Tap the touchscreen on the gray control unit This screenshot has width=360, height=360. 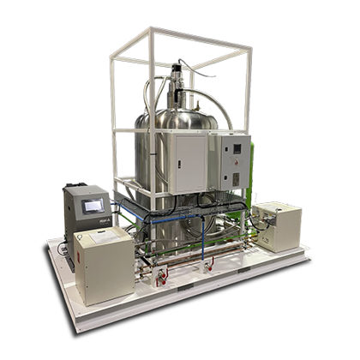[92, 207]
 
